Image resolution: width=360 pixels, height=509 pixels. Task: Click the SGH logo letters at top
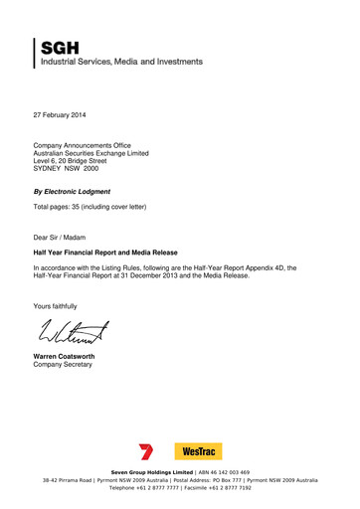point(61,47)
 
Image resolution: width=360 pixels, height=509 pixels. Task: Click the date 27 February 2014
point(65,117)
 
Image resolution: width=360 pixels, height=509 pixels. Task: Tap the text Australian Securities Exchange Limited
point(90,153)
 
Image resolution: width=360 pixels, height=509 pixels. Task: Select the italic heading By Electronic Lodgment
point(72,191)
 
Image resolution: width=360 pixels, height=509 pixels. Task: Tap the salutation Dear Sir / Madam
point(65,238)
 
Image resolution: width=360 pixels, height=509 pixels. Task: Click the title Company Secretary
point(63,365)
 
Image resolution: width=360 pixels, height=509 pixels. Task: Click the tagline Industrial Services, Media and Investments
point(121,62)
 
